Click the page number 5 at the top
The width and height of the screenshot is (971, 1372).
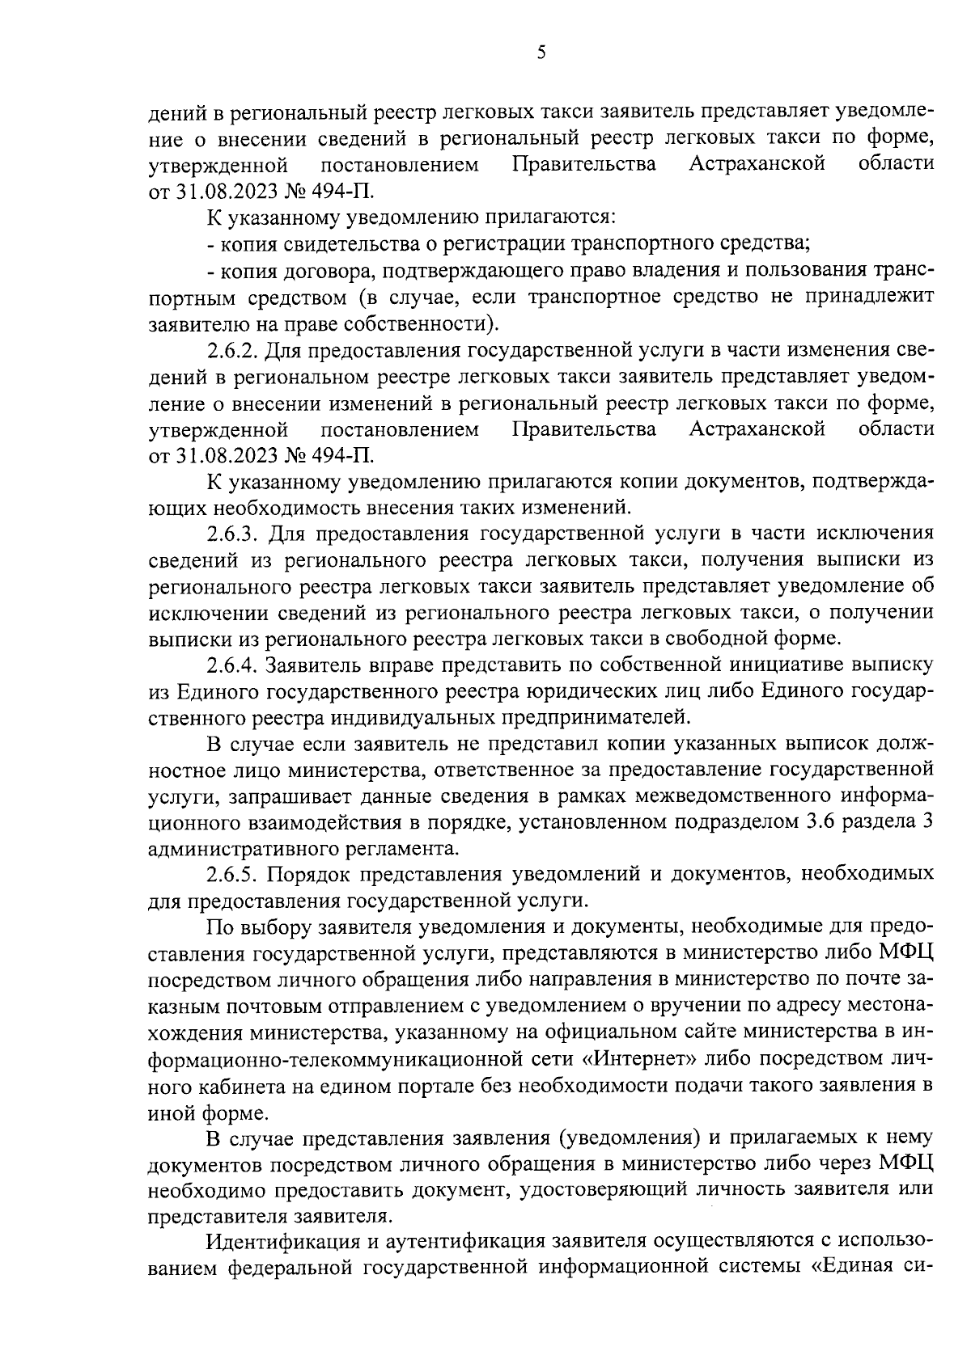coord(541,53)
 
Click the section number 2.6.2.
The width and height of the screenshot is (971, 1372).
coord(232,351)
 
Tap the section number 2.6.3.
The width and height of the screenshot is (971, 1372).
coord(233,534)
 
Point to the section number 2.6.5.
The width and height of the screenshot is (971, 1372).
coord(232,874)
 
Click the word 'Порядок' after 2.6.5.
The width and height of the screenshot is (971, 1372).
coord(308,874)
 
